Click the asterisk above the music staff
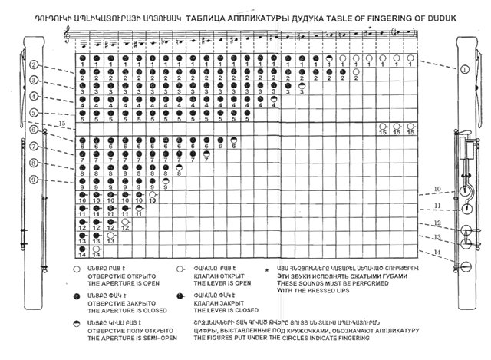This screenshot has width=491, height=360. coord(370,26)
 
